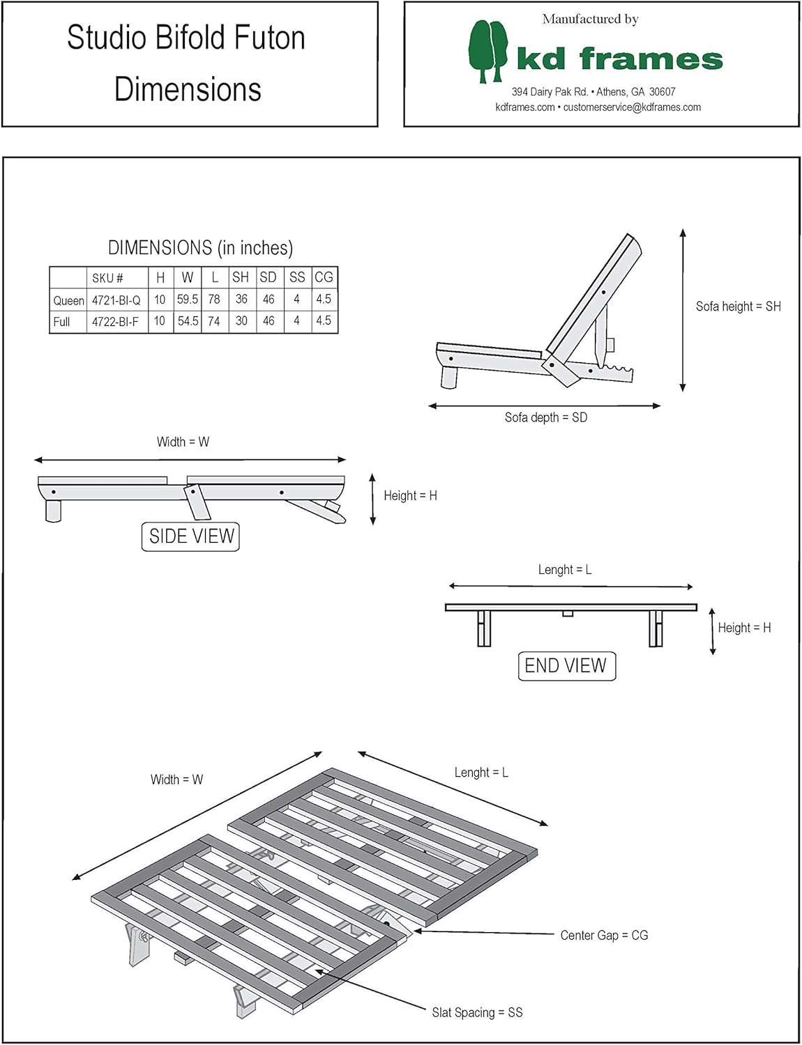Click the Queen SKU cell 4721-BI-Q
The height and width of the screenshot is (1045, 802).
(x=116, y=300)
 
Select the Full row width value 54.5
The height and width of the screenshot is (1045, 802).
(x=188, y=321)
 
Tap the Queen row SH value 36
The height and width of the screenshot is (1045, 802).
(x=241, y=300)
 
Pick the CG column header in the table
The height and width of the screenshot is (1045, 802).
(x=324, y=277)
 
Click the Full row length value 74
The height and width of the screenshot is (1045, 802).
(x=214, y=321)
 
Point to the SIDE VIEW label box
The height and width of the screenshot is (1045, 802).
(x=191, y=536)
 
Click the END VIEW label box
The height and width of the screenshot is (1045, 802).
(x=566, y=666)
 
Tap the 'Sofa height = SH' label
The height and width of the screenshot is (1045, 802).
(x=738, y=307)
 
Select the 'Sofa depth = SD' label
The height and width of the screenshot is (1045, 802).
(x=546, y=417)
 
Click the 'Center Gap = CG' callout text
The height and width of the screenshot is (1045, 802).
(x=604, y=935)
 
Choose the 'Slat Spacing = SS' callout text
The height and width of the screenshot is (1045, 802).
(x=477, y=1012)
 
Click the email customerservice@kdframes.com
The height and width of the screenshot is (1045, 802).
(x=632, y=107)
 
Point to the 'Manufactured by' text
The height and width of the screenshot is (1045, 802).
(x=591, y=20)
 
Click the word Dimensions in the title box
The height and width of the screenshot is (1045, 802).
(x=188, y=89)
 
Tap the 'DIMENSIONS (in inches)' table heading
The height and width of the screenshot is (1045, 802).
(x=200, y=248)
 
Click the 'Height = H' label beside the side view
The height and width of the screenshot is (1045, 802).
(x=410, y=496)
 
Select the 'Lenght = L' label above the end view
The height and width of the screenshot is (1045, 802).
(x=565, y=570)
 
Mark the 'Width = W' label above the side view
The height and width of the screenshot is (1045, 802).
(x=183, y=442)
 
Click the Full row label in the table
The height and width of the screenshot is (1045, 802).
(x=61, y=322)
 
